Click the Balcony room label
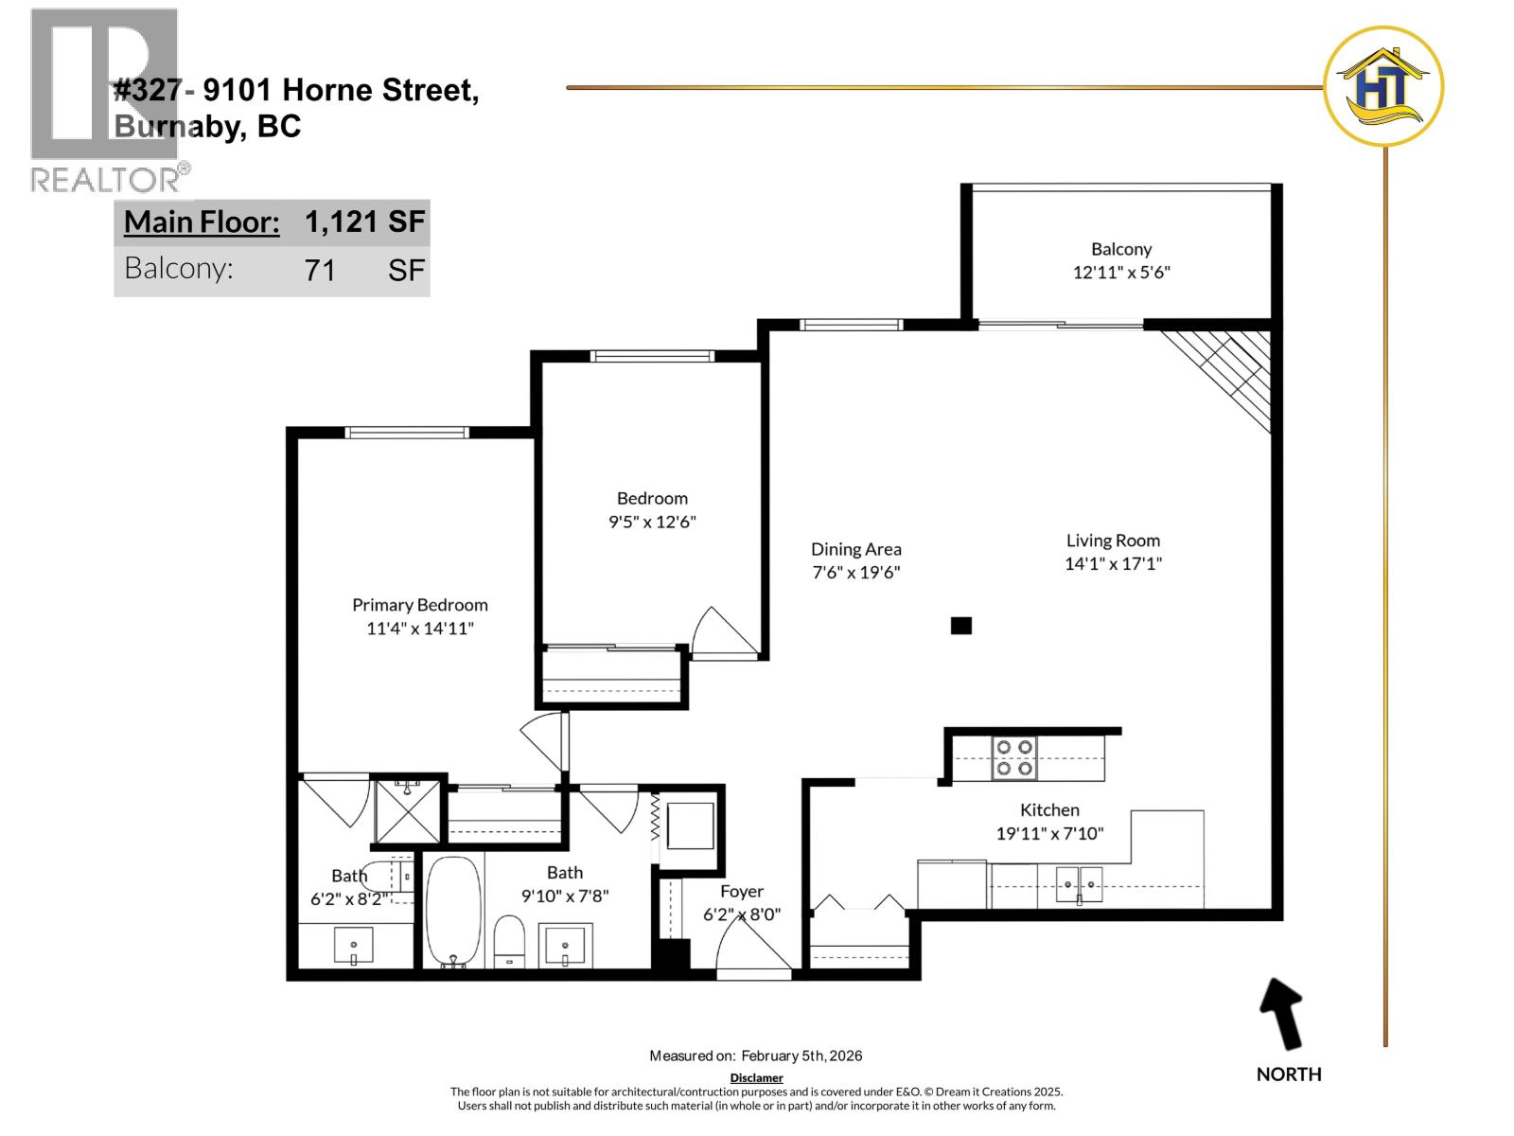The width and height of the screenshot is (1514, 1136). tap(1121, 249)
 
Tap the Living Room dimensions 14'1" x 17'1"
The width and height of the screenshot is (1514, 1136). tap(1113, 564)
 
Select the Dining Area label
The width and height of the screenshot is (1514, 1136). tap(855, 549)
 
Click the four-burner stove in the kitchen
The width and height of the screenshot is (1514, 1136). tap(1013, 758)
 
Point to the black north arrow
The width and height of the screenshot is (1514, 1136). tap(1283, 1014)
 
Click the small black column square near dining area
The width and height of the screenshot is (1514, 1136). tap(961, 626)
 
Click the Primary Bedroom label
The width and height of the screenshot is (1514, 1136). tap(420, 605)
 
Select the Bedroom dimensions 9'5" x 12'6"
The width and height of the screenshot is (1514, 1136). tap(652, 522)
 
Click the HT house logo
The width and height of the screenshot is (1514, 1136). tap(1383, 87)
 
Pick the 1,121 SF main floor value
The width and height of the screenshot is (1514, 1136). tap(364, 222)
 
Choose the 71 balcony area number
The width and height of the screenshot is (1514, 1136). tap(321, 271)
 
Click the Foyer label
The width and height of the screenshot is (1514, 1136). tap(741, 892)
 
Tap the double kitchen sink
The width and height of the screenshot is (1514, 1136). tap(1079, 884)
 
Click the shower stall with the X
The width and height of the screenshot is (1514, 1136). tap(408, 810)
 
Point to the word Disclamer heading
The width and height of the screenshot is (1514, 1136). tap(756, 1077)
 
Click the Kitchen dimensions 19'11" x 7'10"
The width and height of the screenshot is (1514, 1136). tap(1049, 834)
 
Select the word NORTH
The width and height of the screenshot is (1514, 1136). tap(1288, 1074)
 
